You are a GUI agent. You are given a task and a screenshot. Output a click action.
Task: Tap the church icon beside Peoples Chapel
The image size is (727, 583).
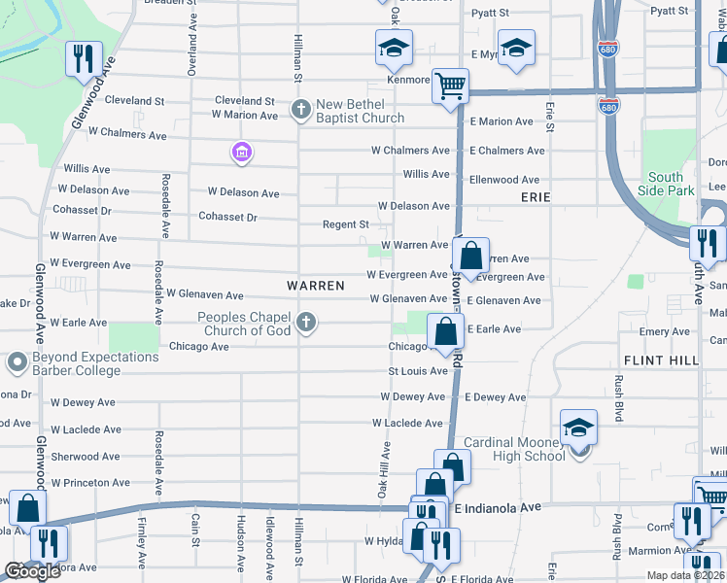pyautogui.click(x=306, y=322)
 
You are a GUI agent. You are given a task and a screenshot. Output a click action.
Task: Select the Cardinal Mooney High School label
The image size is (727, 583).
pyautogui.click(x=512, y=449)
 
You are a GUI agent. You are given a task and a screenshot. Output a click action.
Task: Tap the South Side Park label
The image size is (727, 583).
pyautogui.click(x=666, y=185)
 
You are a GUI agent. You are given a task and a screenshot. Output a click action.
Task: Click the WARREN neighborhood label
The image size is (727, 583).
pyautogui.click(x=316, y=286)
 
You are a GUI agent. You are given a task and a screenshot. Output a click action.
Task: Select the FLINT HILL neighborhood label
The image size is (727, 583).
pyautogui.click(x=661, y=360)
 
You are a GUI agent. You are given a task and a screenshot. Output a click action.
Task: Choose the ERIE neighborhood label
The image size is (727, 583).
pyautogui.click(x=536, y=197)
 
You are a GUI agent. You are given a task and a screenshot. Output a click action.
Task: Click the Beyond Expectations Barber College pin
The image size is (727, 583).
pyautogui.click(x=16, y=364)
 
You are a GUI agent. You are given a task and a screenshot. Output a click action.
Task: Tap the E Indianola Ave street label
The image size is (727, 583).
pyautogui.click(x=497, y=508)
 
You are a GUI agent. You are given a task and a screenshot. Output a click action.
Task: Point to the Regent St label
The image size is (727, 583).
pyautogui.click(x=346, y=224)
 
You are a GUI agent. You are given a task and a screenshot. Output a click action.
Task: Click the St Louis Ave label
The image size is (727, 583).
pyautogui.click(x=417, y=371)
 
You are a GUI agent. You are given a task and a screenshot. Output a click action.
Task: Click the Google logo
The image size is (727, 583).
pyautogui.click(x=33, y=571)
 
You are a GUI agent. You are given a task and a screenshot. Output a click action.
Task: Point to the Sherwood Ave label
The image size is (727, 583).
pyautogui.click(x=86, y=457)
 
